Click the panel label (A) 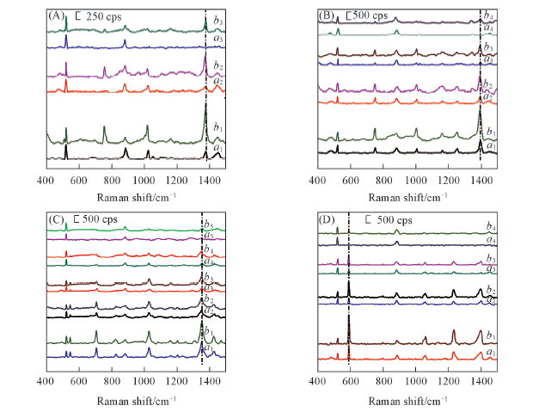pos(56,15)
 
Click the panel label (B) pos(328,15)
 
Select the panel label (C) pos(56,220)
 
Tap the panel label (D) pos(328,220)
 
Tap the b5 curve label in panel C pos(208,225)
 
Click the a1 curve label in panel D pos(490,353)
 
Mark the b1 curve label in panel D pos(490,335)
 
